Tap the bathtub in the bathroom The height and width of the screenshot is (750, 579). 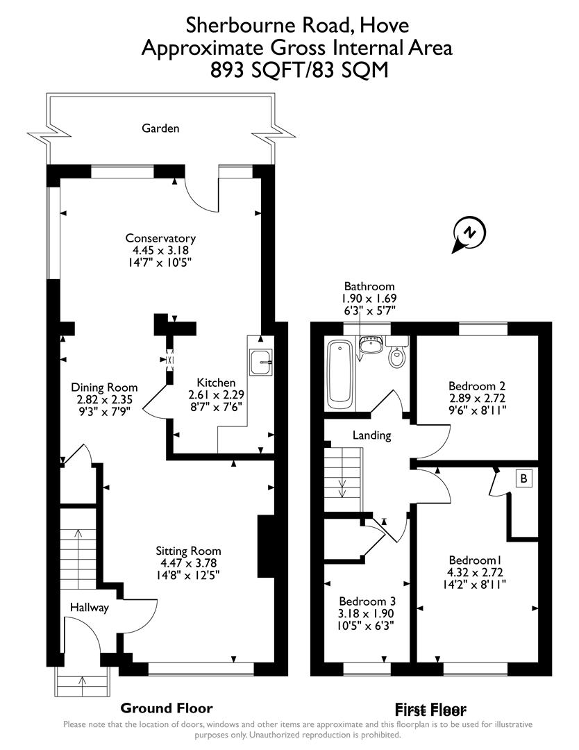(339, 373)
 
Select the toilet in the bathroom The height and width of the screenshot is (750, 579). (397, 355)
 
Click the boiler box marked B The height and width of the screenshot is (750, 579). (524, 478)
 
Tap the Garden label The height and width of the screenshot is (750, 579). (160, 128)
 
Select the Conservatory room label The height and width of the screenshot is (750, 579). (160, 238)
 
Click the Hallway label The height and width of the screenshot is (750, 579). (90, 608)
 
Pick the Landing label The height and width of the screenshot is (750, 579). (372, 435)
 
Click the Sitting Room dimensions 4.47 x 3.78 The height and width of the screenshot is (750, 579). (188, 563)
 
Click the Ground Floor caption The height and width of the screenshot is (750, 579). (166, 708)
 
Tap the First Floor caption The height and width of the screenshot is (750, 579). (430, 710)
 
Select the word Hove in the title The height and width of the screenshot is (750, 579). (385, 26)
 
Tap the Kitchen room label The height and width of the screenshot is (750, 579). (216, 383)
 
